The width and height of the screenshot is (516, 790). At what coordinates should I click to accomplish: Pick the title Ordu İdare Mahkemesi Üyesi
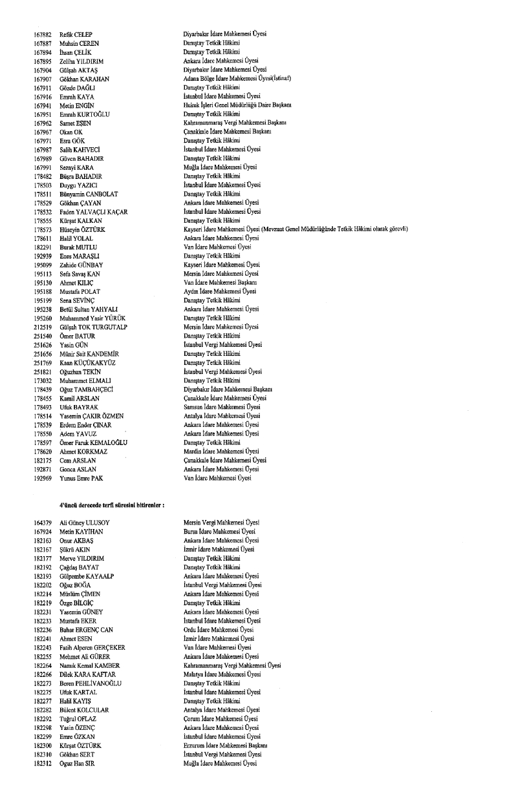point(219,629)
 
